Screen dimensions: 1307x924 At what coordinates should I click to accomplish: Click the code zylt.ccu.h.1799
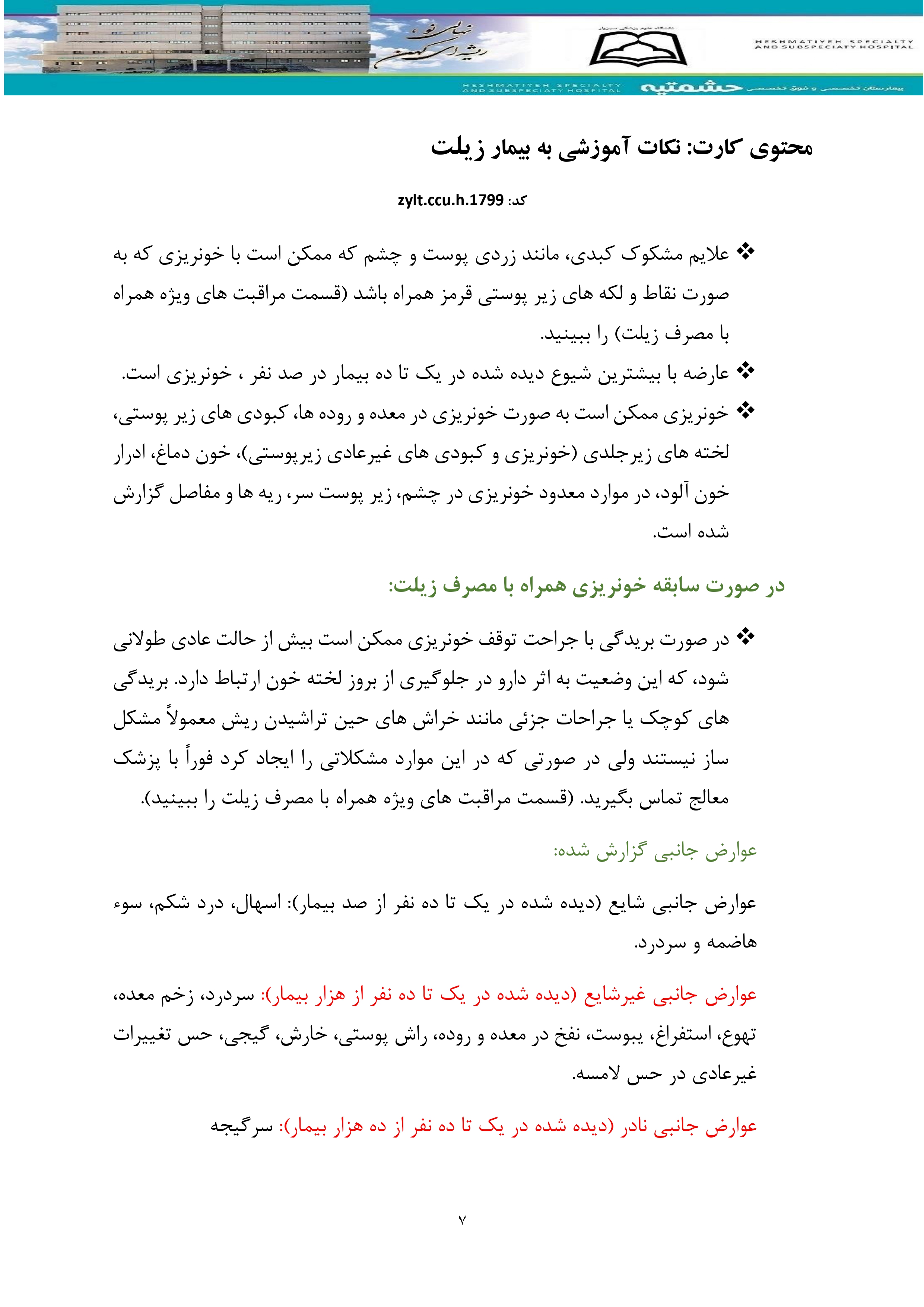[450, 200]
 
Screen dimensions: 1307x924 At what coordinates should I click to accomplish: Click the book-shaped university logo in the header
[638, 49]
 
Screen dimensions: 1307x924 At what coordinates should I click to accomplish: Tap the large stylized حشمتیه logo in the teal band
[691, 88]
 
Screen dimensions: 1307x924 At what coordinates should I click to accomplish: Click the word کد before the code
[517, 201]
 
